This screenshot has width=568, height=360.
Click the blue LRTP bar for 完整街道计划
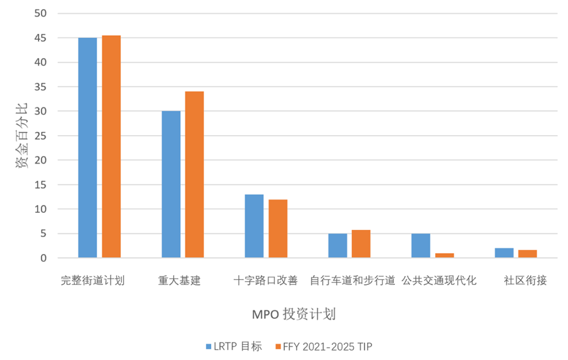pos(87,147)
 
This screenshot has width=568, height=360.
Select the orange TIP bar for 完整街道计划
pos(111,147)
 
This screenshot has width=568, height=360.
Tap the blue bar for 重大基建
pos(171,184)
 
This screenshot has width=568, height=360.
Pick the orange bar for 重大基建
pos(195,174)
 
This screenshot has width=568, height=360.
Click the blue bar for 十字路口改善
pos(254,226)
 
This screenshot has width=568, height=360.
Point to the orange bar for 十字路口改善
pos(278,229)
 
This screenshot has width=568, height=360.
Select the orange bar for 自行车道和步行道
pos(361,244)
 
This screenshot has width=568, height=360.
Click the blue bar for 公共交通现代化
pos(421,246)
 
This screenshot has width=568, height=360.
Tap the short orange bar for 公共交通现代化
pos(444,255)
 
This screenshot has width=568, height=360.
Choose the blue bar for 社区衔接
pos(504,253)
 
